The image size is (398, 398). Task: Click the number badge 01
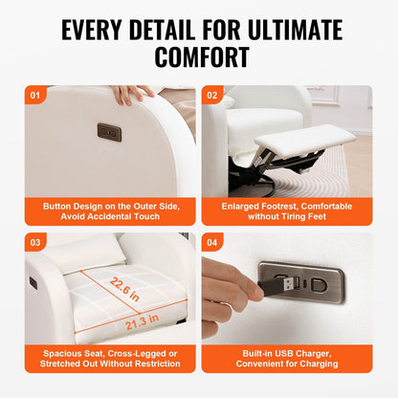[36, 96]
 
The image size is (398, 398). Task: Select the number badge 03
[36, 242]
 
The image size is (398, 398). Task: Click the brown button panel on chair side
[109, 131]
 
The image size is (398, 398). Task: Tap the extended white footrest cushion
[303, 141]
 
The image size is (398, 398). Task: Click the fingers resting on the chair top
[131, 93]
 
